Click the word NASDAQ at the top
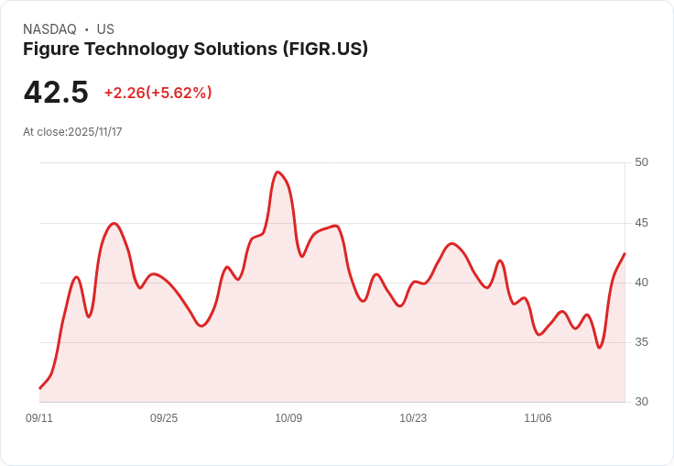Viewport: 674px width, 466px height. [x=49, y=29]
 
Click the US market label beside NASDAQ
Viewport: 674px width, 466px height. [x=105, y=29]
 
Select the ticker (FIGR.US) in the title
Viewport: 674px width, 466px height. [x=325, y=49]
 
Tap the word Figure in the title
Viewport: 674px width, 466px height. [x=49, y=49]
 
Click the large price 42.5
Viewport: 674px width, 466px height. [x=56, y=93]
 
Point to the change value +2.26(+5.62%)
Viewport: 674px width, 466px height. [x=158, y=93]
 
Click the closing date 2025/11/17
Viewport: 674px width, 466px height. [x=95, y=132]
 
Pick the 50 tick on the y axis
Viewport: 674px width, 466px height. [x=641, y=162]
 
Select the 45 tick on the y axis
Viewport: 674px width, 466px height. [x=641, y=223]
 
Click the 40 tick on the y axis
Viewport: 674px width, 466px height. [x=641, y=283]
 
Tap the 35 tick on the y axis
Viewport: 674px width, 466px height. [x=641, y=342]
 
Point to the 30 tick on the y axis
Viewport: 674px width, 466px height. [x=641, y=402]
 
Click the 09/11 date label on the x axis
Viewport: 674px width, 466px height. [x=39, y=418]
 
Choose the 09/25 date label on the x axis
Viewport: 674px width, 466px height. [x=164, y=418]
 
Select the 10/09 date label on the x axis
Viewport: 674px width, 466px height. [x=288, y=418]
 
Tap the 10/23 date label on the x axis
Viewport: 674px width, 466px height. [x=413, y=418]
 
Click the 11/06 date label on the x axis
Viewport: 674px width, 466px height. [x=538, y=418]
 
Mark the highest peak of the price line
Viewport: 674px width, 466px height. [x=277, y=172]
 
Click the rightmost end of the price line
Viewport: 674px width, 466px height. [x=625, y=253]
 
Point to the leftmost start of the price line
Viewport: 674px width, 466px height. [x=39, y=389]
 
